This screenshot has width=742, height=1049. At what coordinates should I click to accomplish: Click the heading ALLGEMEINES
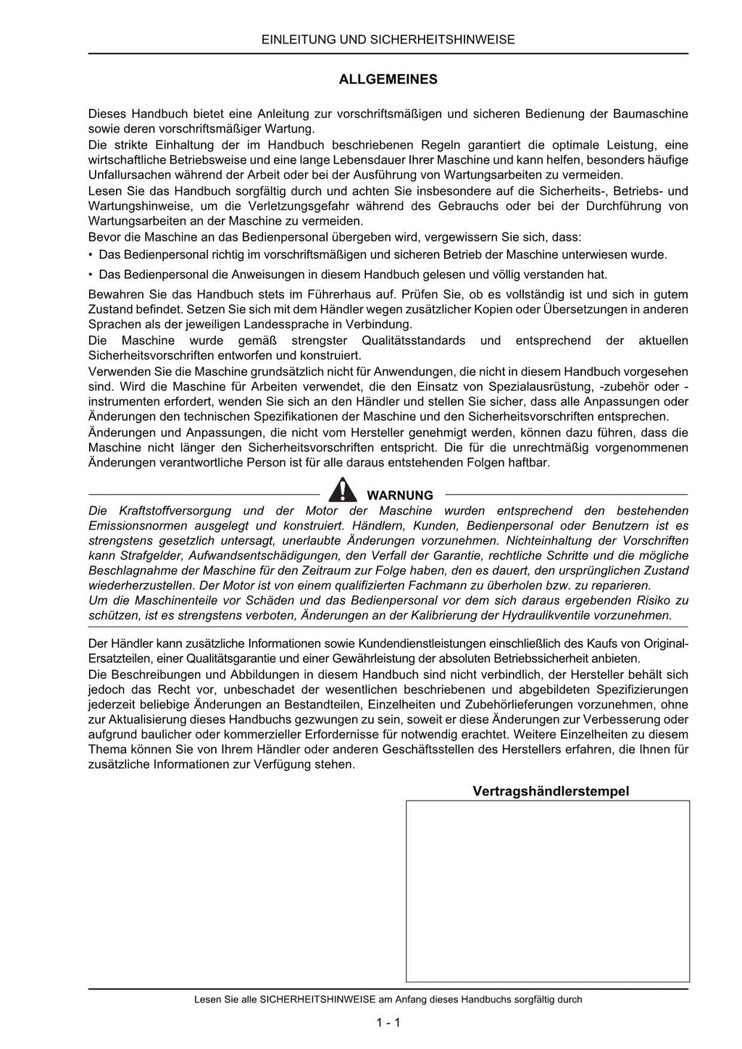(x=388, y=80)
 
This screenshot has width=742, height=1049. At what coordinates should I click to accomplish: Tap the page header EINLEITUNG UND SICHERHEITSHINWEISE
(x=388, y=40)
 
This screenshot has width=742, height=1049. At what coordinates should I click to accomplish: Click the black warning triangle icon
(x=342, y=490)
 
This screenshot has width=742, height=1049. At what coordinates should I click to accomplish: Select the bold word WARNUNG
(x=400, y=496)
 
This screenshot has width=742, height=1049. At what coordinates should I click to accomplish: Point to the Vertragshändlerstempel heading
(x=551, y=791)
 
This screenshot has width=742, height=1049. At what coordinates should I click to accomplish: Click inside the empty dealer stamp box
(x=547, y=891)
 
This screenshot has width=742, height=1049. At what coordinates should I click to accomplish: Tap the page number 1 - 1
(x=388, y=1023)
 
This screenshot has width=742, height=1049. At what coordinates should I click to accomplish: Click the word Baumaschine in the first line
(x=650, y=114)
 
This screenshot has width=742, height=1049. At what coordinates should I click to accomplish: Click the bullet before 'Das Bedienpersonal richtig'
(x=91, y=255)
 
